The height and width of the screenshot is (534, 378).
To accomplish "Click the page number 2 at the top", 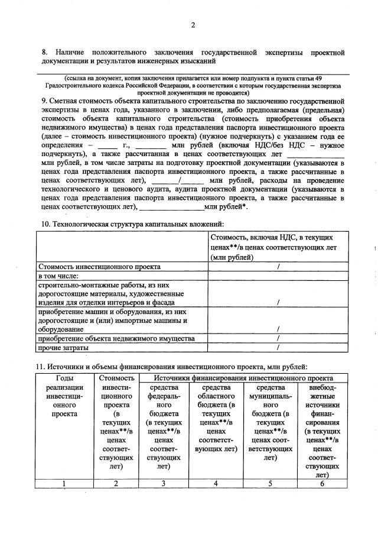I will click(x=193, y=24).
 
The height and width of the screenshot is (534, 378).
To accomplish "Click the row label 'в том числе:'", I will click(x=58, y=276).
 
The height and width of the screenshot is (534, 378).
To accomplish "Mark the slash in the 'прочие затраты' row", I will click(x=278, y=348).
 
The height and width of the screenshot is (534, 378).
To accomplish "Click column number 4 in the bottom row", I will click(x=216, y=483).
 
